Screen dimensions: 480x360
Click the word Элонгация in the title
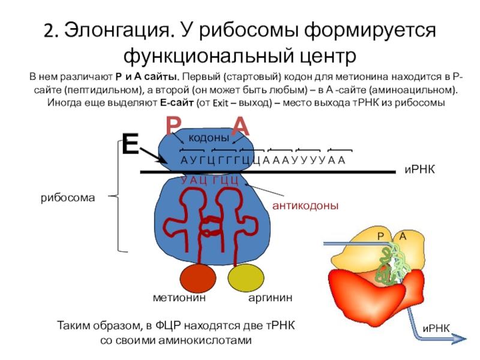tap(114, 29)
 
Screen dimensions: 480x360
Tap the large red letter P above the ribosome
tap(173, 126)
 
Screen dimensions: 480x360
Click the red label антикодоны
tap(305, 206)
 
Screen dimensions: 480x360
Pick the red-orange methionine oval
tap(198, 280)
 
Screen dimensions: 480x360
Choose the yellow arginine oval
tap(245, 280)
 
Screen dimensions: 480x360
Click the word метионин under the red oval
tap(180, 298)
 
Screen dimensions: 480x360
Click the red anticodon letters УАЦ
tap(194, 180)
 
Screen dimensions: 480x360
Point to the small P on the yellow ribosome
tap(380, 236)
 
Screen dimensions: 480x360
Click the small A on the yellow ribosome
tap(403, 236)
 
